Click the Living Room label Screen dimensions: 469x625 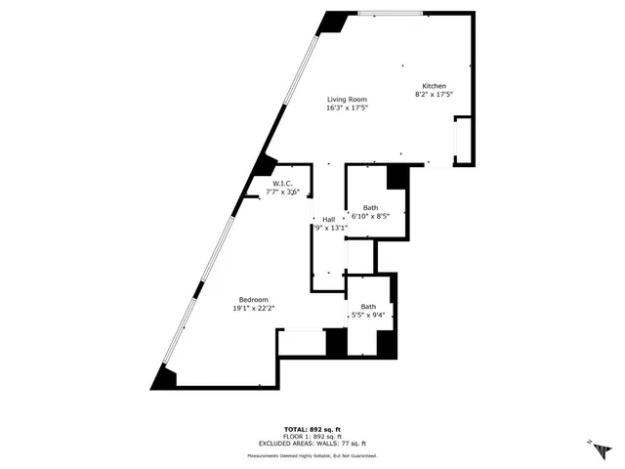click(x=347, y=99)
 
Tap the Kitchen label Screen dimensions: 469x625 click(x=435, y=86)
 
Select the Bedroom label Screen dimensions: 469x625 click(x=254, y=299)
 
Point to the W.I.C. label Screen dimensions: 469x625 click(x=282, y=183)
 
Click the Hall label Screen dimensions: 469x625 click(x=329, y=219)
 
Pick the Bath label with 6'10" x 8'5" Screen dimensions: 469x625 click(x=370, y=207)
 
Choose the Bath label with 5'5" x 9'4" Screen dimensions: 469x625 click(x=368, y=306)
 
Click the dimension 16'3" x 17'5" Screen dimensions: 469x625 click(x=347, y=108)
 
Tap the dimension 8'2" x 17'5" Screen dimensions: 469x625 click(x=435, y=96)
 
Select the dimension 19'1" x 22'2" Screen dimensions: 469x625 click(x=254, y=309)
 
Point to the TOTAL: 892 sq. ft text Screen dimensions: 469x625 click(x=312, y=430)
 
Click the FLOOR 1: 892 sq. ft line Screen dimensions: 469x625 click(x=312, y=437)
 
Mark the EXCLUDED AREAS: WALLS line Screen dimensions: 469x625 click(x=312, y=444)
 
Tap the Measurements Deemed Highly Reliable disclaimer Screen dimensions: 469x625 click(x=312, y=455)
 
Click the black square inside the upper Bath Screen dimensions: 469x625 click(x=396, y=177)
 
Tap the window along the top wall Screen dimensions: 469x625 click(x=391, y=13)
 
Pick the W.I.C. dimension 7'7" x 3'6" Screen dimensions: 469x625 click(x=282, y=192)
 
